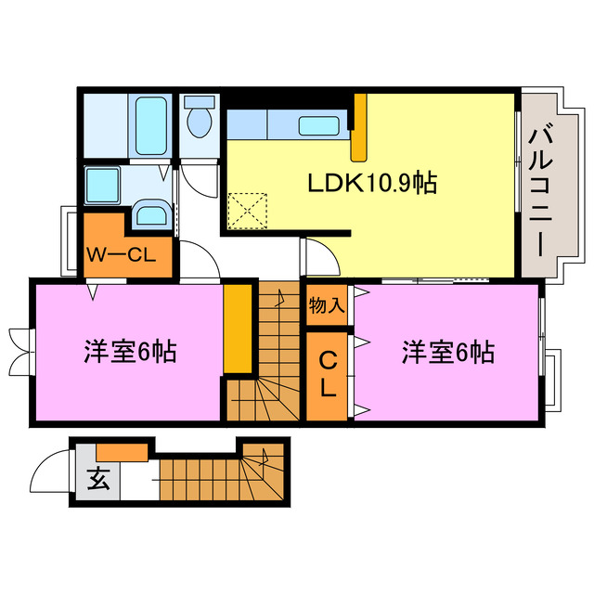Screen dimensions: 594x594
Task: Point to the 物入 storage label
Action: tap(326, 304)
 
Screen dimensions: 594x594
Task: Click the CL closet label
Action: tap(328, 374)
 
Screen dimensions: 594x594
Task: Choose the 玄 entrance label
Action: tap(97, 479)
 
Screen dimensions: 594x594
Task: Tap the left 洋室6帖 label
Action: tap(130, 353)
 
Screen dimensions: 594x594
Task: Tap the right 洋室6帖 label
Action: tap(447, 353)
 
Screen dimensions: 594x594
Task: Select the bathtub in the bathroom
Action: tap(148, 125)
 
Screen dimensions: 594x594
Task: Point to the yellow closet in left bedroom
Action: tap(238, 329)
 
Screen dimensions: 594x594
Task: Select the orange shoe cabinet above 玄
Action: tap(122, 452)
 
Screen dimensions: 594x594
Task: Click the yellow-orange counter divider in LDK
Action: tap(360, 130)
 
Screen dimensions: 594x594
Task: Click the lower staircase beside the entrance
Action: tap(223, 478)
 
